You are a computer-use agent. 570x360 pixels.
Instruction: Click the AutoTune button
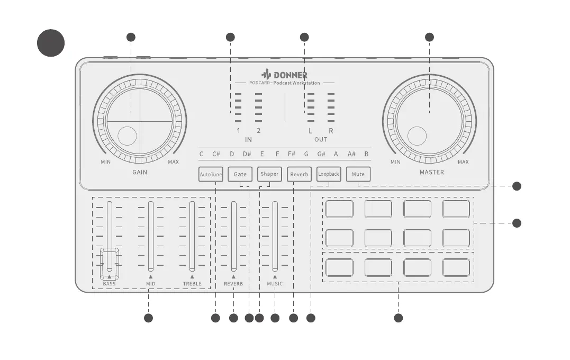tap(211, 174)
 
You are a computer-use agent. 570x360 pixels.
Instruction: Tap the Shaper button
tap(269, 174)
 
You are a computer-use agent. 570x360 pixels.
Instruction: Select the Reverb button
tap(299, 174)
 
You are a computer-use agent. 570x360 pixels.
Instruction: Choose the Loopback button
tap(329, 174)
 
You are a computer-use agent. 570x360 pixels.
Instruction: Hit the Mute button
tap(358, 174)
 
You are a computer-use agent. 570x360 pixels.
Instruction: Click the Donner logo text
tap(285, 75)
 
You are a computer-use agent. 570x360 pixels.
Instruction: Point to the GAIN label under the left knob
tap(140, 172)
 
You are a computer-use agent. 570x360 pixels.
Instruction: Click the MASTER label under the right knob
tap(432, 172)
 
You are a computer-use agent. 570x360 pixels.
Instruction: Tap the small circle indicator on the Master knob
tap(416, 136)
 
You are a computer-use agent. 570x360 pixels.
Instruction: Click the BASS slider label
tap(109, 284)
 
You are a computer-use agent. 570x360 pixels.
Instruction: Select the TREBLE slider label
tap(192, 284)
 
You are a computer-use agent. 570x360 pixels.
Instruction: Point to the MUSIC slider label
tap(275, 284)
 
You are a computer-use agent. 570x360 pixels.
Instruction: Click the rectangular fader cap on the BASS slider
tap(110, 263)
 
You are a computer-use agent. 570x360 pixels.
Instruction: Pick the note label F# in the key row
tap(292, 154)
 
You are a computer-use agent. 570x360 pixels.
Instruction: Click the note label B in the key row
tap(366, 154)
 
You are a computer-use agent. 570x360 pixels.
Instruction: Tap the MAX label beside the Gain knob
tap(173, 162)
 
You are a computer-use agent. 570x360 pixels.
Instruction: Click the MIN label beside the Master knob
tap(395, 162)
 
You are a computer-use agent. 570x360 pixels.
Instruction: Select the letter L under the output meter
tap(311, 131)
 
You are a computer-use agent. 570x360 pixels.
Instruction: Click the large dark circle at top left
tap(51, 43)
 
